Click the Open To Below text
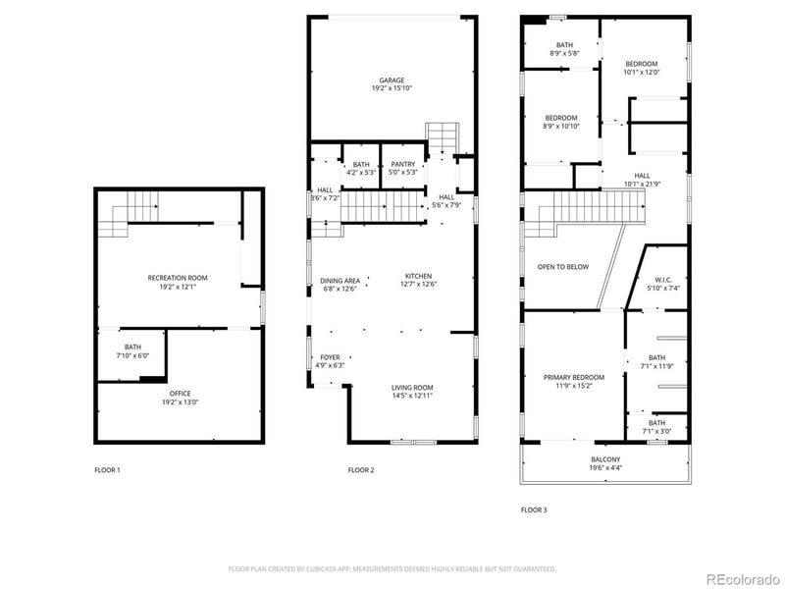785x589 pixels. pyautogui.click(x=563, y=267)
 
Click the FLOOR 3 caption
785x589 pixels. pyautogui.click(x=534, y=510)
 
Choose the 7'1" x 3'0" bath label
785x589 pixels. pyautogui.click(x=656, y=428)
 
